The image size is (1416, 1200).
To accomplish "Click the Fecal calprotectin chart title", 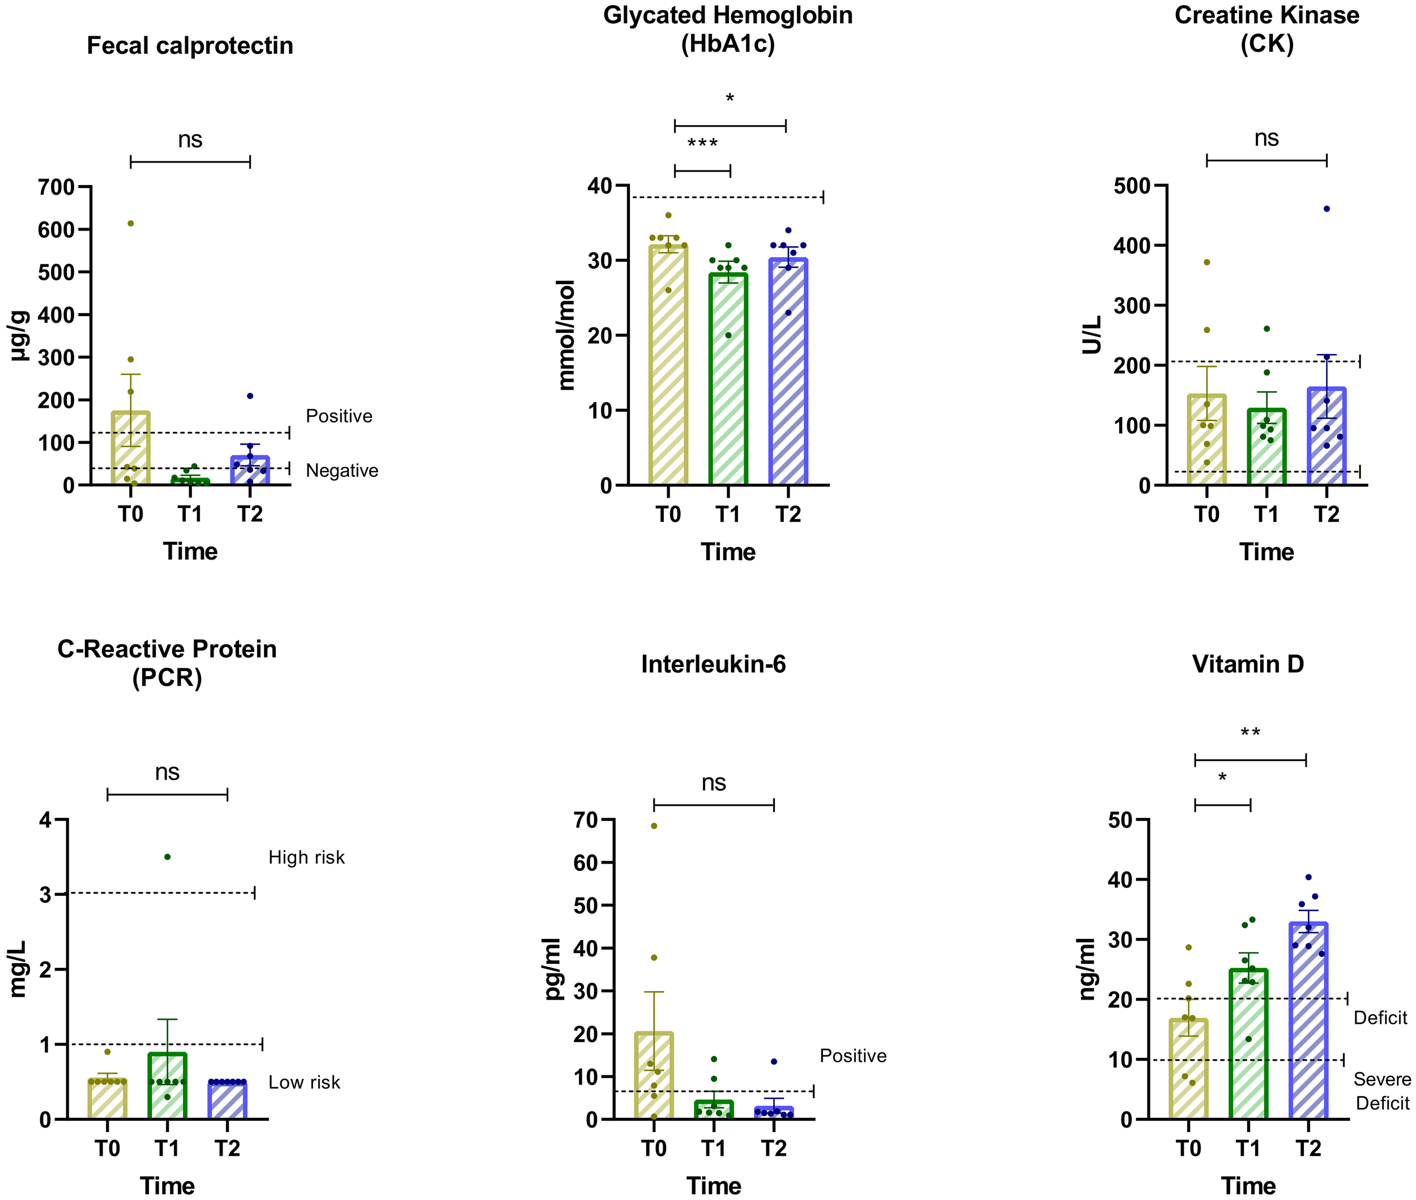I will click(x=190, y=45).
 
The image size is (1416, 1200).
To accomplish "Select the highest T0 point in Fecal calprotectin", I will click(x=131, y=223).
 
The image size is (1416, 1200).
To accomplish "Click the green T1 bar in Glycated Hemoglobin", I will click(x=728, y=381).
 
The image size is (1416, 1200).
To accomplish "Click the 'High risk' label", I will click(x=306, y=857).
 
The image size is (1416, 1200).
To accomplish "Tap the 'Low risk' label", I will click(x=304, y=1082).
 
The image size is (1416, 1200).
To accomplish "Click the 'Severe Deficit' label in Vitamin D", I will click(x=1381, y=1091).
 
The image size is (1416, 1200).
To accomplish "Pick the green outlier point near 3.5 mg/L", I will click(x=168, y=857).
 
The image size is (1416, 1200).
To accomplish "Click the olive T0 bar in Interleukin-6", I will click(x=653, y=1078).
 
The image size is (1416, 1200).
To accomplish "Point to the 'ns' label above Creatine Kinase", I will click(x=1266, y=138).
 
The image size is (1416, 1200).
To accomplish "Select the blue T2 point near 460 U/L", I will click(x=1326, y=209).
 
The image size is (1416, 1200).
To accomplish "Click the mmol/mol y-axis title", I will click(x=566, y=335).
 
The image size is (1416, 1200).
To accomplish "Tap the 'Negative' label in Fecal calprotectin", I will click(x=342, y=471).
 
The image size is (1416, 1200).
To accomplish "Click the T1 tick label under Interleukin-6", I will click(x=713, y=1148).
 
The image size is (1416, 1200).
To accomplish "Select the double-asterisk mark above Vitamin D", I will click(x=1250, y=733).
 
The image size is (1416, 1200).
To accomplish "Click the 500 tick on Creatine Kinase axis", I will click(x=1132, y=186).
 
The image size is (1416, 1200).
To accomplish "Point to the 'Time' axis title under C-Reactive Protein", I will click(x=168, y=1186).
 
